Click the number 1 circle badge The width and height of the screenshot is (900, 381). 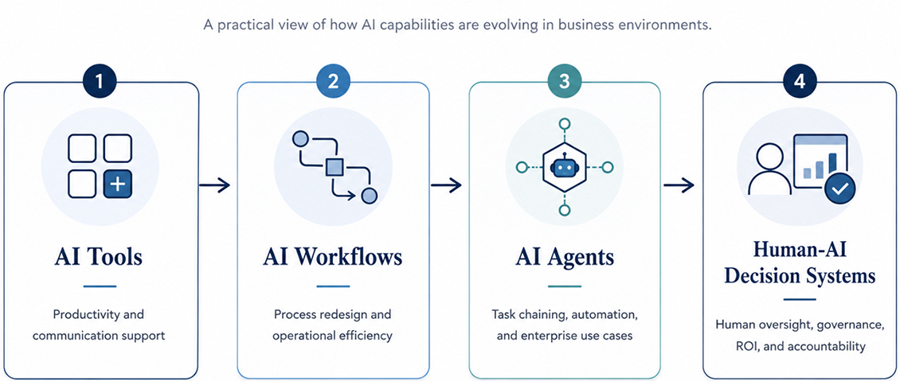(x=100, y=82)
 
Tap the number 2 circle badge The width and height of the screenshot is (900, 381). (x=333, y=82)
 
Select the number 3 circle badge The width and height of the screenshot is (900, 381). (x=565, y=82)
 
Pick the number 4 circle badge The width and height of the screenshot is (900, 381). (x=799, y=82)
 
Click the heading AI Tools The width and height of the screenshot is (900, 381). (x=99, y=257)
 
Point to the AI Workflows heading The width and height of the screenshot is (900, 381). (x=333, y=257)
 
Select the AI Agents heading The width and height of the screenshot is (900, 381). (x=565, y=257)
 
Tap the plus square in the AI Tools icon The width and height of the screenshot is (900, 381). (x=118, y=185)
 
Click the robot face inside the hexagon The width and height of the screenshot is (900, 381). (x=565, y=167)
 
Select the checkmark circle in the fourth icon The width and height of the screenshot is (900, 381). (x=839, y=190)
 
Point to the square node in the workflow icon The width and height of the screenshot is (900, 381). (x=334, y=167)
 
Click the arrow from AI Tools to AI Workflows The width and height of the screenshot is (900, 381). (x=215, y=185)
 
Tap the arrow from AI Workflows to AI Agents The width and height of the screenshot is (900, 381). (x=447, y=185)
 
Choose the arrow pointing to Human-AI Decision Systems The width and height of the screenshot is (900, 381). (x=679, y=185)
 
